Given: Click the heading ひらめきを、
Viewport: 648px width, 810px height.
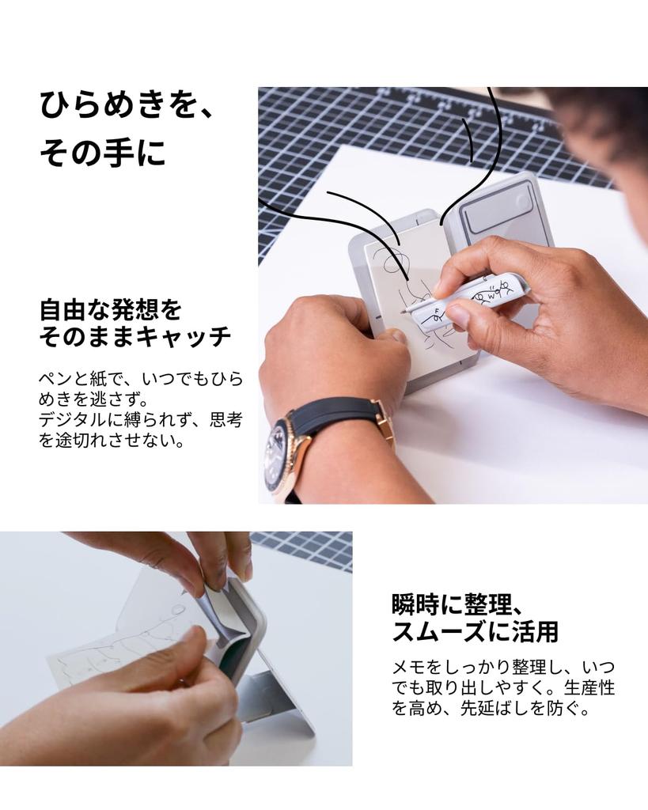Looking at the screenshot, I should [x=127, y=106].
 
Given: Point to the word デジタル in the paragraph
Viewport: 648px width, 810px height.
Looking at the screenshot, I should [x=78, y=419].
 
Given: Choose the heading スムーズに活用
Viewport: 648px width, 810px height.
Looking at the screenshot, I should [x=475, y=632].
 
